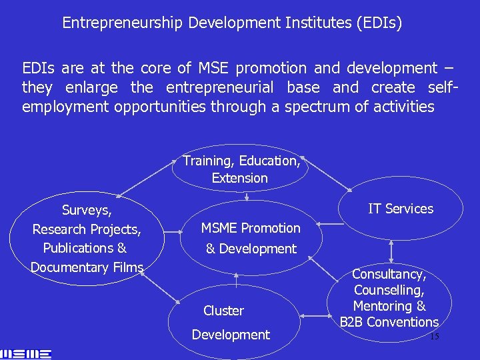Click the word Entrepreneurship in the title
[x=123, y=23]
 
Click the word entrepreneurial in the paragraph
[x=220, y=87]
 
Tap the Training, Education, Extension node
[x=241, y=169]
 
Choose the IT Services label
[x=401, y=209]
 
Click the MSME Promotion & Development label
[x=251, y=238]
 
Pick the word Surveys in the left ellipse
[x=87, y=211]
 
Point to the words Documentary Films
[x=87, y=267]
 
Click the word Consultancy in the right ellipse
[x=389, y=275]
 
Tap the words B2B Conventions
[x=389, y=322]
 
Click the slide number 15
[x=434, y=337]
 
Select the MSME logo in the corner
[x=26, y=352]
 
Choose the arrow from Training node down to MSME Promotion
[x=247, y=196]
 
